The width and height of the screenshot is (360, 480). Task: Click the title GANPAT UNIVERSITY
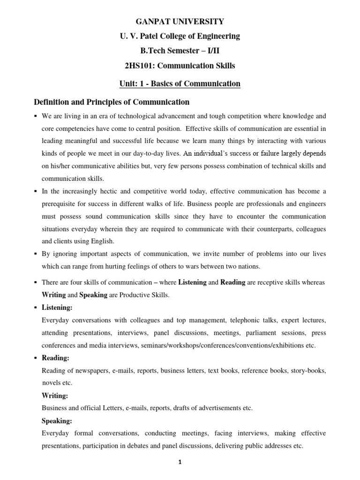click(180, 21)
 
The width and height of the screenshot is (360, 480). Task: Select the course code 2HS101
click(142, 65)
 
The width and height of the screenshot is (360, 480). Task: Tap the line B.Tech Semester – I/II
click(180, 51)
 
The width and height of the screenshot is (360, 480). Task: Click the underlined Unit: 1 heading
click(180, 83)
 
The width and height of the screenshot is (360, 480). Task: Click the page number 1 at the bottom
click(180, 462)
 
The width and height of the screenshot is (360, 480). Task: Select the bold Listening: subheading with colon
click(57, 308)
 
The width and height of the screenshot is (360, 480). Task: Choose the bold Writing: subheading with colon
click(55, 396)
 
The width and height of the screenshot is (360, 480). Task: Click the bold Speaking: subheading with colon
click(57, 420)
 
